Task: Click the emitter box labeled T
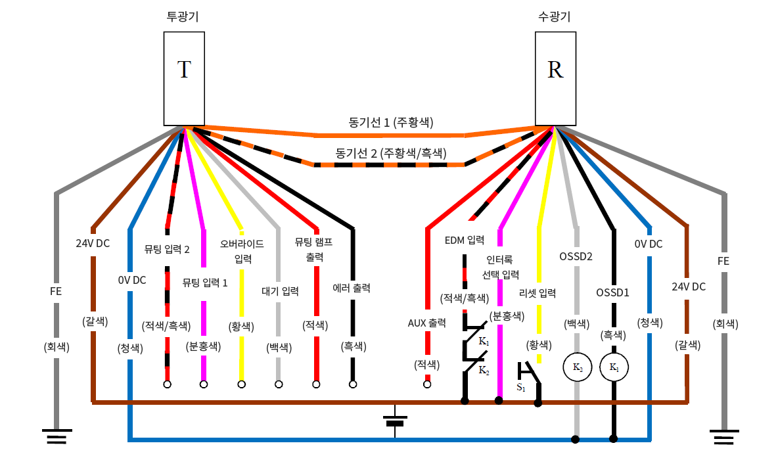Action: [x=184, y=78]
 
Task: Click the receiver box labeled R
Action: [x=555, y=78]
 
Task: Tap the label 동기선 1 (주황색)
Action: [x=391, y=122]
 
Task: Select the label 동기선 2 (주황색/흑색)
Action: [x=391, y=154]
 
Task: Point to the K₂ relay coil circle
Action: [x=576, y=367]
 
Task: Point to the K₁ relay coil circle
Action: [x=614, y=367]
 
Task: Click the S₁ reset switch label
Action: [x=521, y=388]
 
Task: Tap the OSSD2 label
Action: [x=576, y=256]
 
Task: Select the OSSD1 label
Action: [x=613, y=292]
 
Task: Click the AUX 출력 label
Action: [x=427, y=323]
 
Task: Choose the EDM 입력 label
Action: [x=465, y=240]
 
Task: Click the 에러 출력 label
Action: [x=352, y=288]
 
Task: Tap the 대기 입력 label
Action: [x=280, y=291]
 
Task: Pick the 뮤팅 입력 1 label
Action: [x=205, y=283]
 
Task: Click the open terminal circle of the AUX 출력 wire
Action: [x=427, y=384]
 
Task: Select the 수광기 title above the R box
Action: [x=555, y=17]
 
